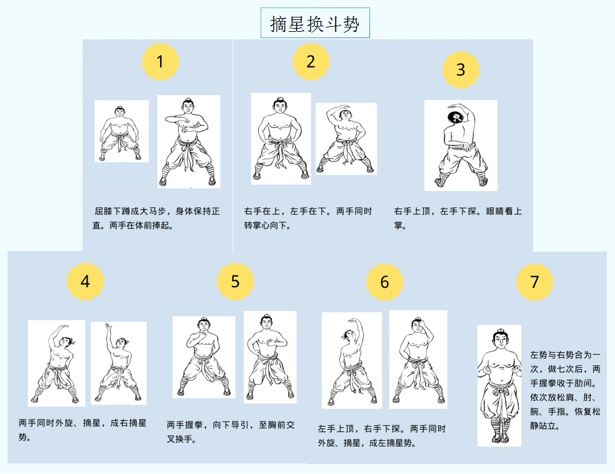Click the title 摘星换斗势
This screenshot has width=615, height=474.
(315, 24)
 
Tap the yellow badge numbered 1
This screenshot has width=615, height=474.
(160, 62)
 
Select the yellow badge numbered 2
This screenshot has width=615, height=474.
(311, 62)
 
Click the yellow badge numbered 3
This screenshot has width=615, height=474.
(461, 70)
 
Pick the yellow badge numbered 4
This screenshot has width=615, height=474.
(85, 282)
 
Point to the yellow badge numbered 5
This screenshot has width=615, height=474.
(235, 282)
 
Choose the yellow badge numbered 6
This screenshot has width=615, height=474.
(384, 282)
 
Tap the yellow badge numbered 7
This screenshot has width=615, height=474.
(534, 282)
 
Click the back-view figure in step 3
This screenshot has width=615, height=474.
(461, 146)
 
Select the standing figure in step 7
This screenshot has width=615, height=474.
(499, 386)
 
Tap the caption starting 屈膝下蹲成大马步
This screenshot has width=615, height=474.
(156, 219)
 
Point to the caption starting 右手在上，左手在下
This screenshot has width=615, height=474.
(308, 219)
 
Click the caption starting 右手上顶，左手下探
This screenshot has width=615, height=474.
(457, 219)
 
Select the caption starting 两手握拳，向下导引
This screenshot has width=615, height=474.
(231, 432)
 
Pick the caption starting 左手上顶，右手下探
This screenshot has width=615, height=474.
(382, 436)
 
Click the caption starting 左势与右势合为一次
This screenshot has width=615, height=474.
(565, 390)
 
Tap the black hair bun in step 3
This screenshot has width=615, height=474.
(456, 117)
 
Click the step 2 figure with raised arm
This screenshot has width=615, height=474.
(346, 139)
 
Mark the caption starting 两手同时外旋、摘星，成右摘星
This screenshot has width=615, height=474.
(82, 430)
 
